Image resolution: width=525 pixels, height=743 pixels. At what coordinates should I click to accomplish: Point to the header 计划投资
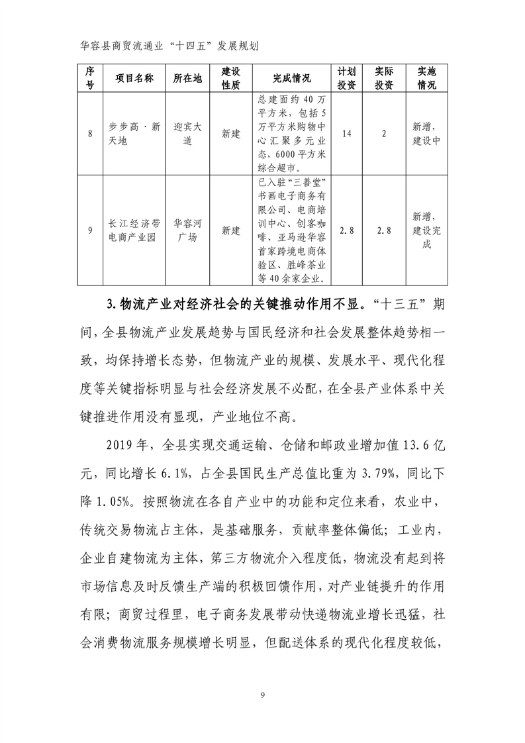tap(347, 78)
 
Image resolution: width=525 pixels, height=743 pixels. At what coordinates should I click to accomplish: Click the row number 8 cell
tap(89, 134)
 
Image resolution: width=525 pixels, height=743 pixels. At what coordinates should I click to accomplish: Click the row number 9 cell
tap(89, 230)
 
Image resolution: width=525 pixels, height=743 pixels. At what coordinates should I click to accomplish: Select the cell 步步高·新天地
tap(134, 134)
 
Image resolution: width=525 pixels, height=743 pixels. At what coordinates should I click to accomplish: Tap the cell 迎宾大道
tap(187, 134)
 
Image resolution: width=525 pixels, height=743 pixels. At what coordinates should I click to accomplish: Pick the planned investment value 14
tap(347, 134)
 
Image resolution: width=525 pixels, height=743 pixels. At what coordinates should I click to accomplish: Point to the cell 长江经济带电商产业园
tap(134, 230)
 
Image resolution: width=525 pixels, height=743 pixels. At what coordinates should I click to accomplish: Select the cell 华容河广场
tap(187, 230)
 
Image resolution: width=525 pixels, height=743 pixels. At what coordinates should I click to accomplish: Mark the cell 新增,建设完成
tap(426, 230)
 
